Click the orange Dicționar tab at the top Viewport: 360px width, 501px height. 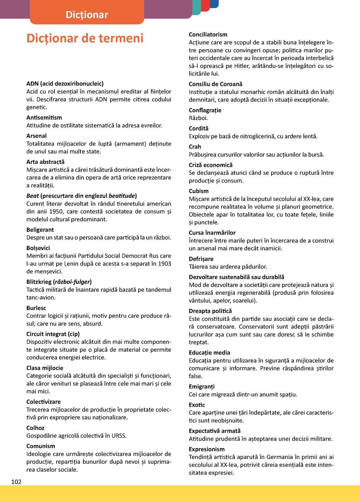pyautogui.click(x=87, y=14)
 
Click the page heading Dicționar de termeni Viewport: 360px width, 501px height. pyautogui.click(x=85, y=38)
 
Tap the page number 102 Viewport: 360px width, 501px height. pyautogui.click(x=16, y=482)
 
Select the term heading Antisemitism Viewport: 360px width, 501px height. pyautogui.click(x=44, y=118)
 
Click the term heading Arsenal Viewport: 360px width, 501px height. pyautogui.click(x=36, y=136)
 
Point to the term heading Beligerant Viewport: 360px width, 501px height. pyautogui.click(x=40, y=230)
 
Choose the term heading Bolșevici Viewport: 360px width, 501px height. pyautogui.click(x=38, y=248)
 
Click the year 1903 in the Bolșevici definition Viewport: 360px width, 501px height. pyautogui.click(x=165, y=264)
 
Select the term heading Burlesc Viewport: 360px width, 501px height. pyautogui.click(x=36, y=308)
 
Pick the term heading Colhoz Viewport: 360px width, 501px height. pyautogui.click(x=35, y=428)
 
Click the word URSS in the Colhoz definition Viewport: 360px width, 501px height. pyautogui.click(x=119, y=436)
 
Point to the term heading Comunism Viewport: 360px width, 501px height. pyautogui.click(x=40, y=446)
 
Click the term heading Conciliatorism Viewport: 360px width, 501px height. pyautogui.click(x=208, y=34)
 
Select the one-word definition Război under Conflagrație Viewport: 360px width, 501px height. pyautogui.click(x=198, y=118)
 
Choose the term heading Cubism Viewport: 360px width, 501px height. pyautogui.click(x=199, y=191)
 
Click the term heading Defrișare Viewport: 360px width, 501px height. pyautogui.click(x=201, y=259)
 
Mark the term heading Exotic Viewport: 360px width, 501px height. pyautogui.click(x=197, y=405)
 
